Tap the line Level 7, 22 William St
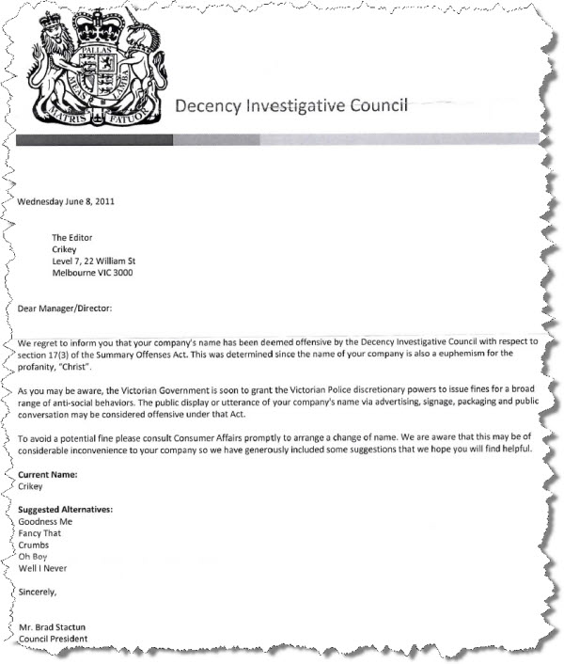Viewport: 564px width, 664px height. point(98,261)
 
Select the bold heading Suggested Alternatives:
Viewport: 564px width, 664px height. point(66,509)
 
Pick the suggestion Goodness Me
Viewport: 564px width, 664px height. point(45,521)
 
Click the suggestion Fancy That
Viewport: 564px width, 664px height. point(41,533)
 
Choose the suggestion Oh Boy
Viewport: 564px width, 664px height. point(34,557)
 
